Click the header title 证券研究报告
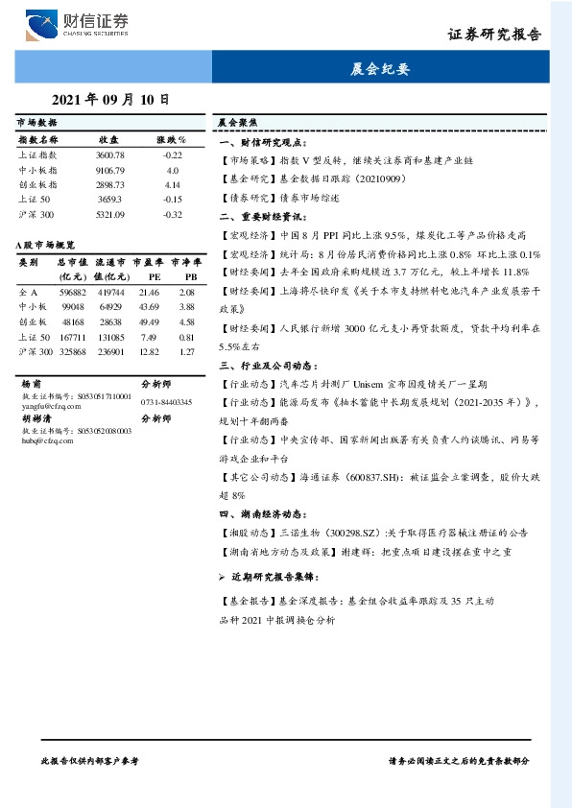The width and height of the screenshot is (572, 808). pos(494,34)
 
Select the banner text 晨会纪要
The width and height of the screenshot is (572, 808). pos(380,69)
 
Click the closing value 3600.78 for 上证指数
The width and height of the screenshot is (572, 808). pos(110,154)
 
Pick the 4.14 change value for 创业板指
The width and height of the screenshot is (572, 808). pos(173,183)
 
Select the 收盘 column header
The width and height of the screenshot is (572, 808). pos(108,140)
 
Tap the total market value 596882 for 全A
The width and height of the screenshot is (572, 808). pos(73,291)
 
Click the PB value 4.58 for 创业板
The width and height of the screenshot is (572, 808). pos(187,321)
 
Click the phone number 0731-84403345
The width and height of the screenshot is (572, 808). pos(166,401)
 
